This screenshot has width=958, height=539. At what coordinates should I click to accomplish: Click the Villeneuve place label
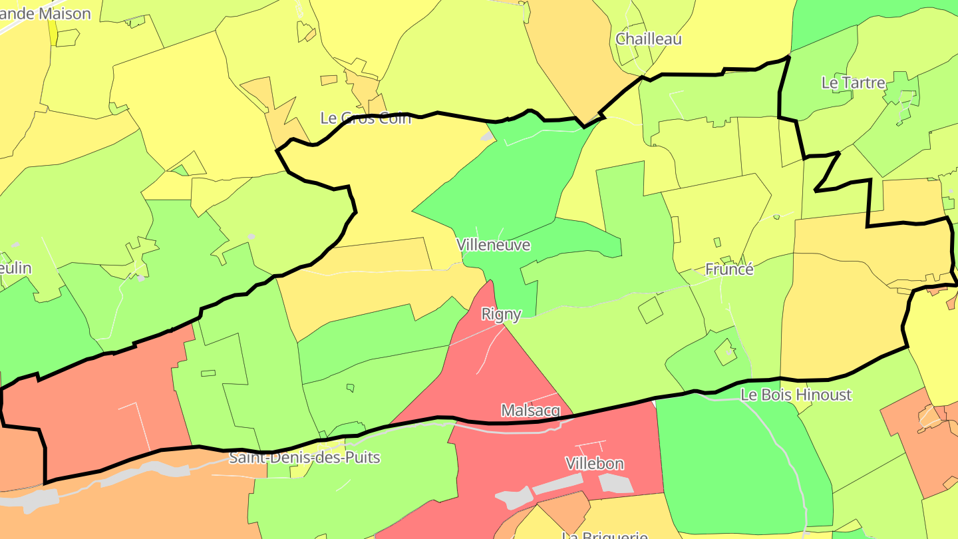(x=493, y=245)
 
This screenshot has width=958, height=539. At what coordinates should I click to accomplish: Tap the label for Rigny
(x=501, y=313)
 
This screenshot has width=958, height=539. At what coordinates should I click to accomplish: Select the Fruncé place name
(x=729, y=269)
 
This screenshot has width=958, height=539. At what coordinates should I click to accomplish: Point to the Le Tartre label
(x=854, y=83)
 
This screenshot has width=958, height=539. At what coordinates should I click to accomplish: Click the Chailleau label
(x=649, y=39)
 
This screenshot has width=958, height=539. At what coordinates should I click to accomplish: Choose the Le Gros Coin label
(x=365, y=118)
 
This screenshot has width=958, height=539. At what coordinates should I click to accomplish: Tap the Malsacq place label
(x=531, y=411)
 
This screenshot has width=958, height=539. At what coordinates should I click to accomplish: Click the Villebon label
(x=595, y=463)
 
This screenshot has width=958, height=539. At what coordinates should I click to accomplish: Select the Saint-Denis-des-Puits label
(x=304, y=458)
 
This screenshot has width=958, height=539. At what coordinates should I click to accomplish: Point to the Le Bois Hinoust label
(x=796, y=395)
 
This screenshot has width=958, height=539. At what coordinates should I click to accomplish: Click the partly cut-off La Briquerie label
(x=605, y=534)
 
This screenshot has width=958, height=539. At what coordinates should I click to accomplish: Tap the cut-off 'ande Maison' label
(x=45, y=13)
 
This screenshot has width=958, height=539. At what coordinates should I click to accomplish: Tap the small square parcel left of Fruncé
(x=650, y=310)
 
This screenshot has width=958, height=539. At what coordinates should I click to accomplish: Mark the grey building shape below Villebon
(x=615, y=484)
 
